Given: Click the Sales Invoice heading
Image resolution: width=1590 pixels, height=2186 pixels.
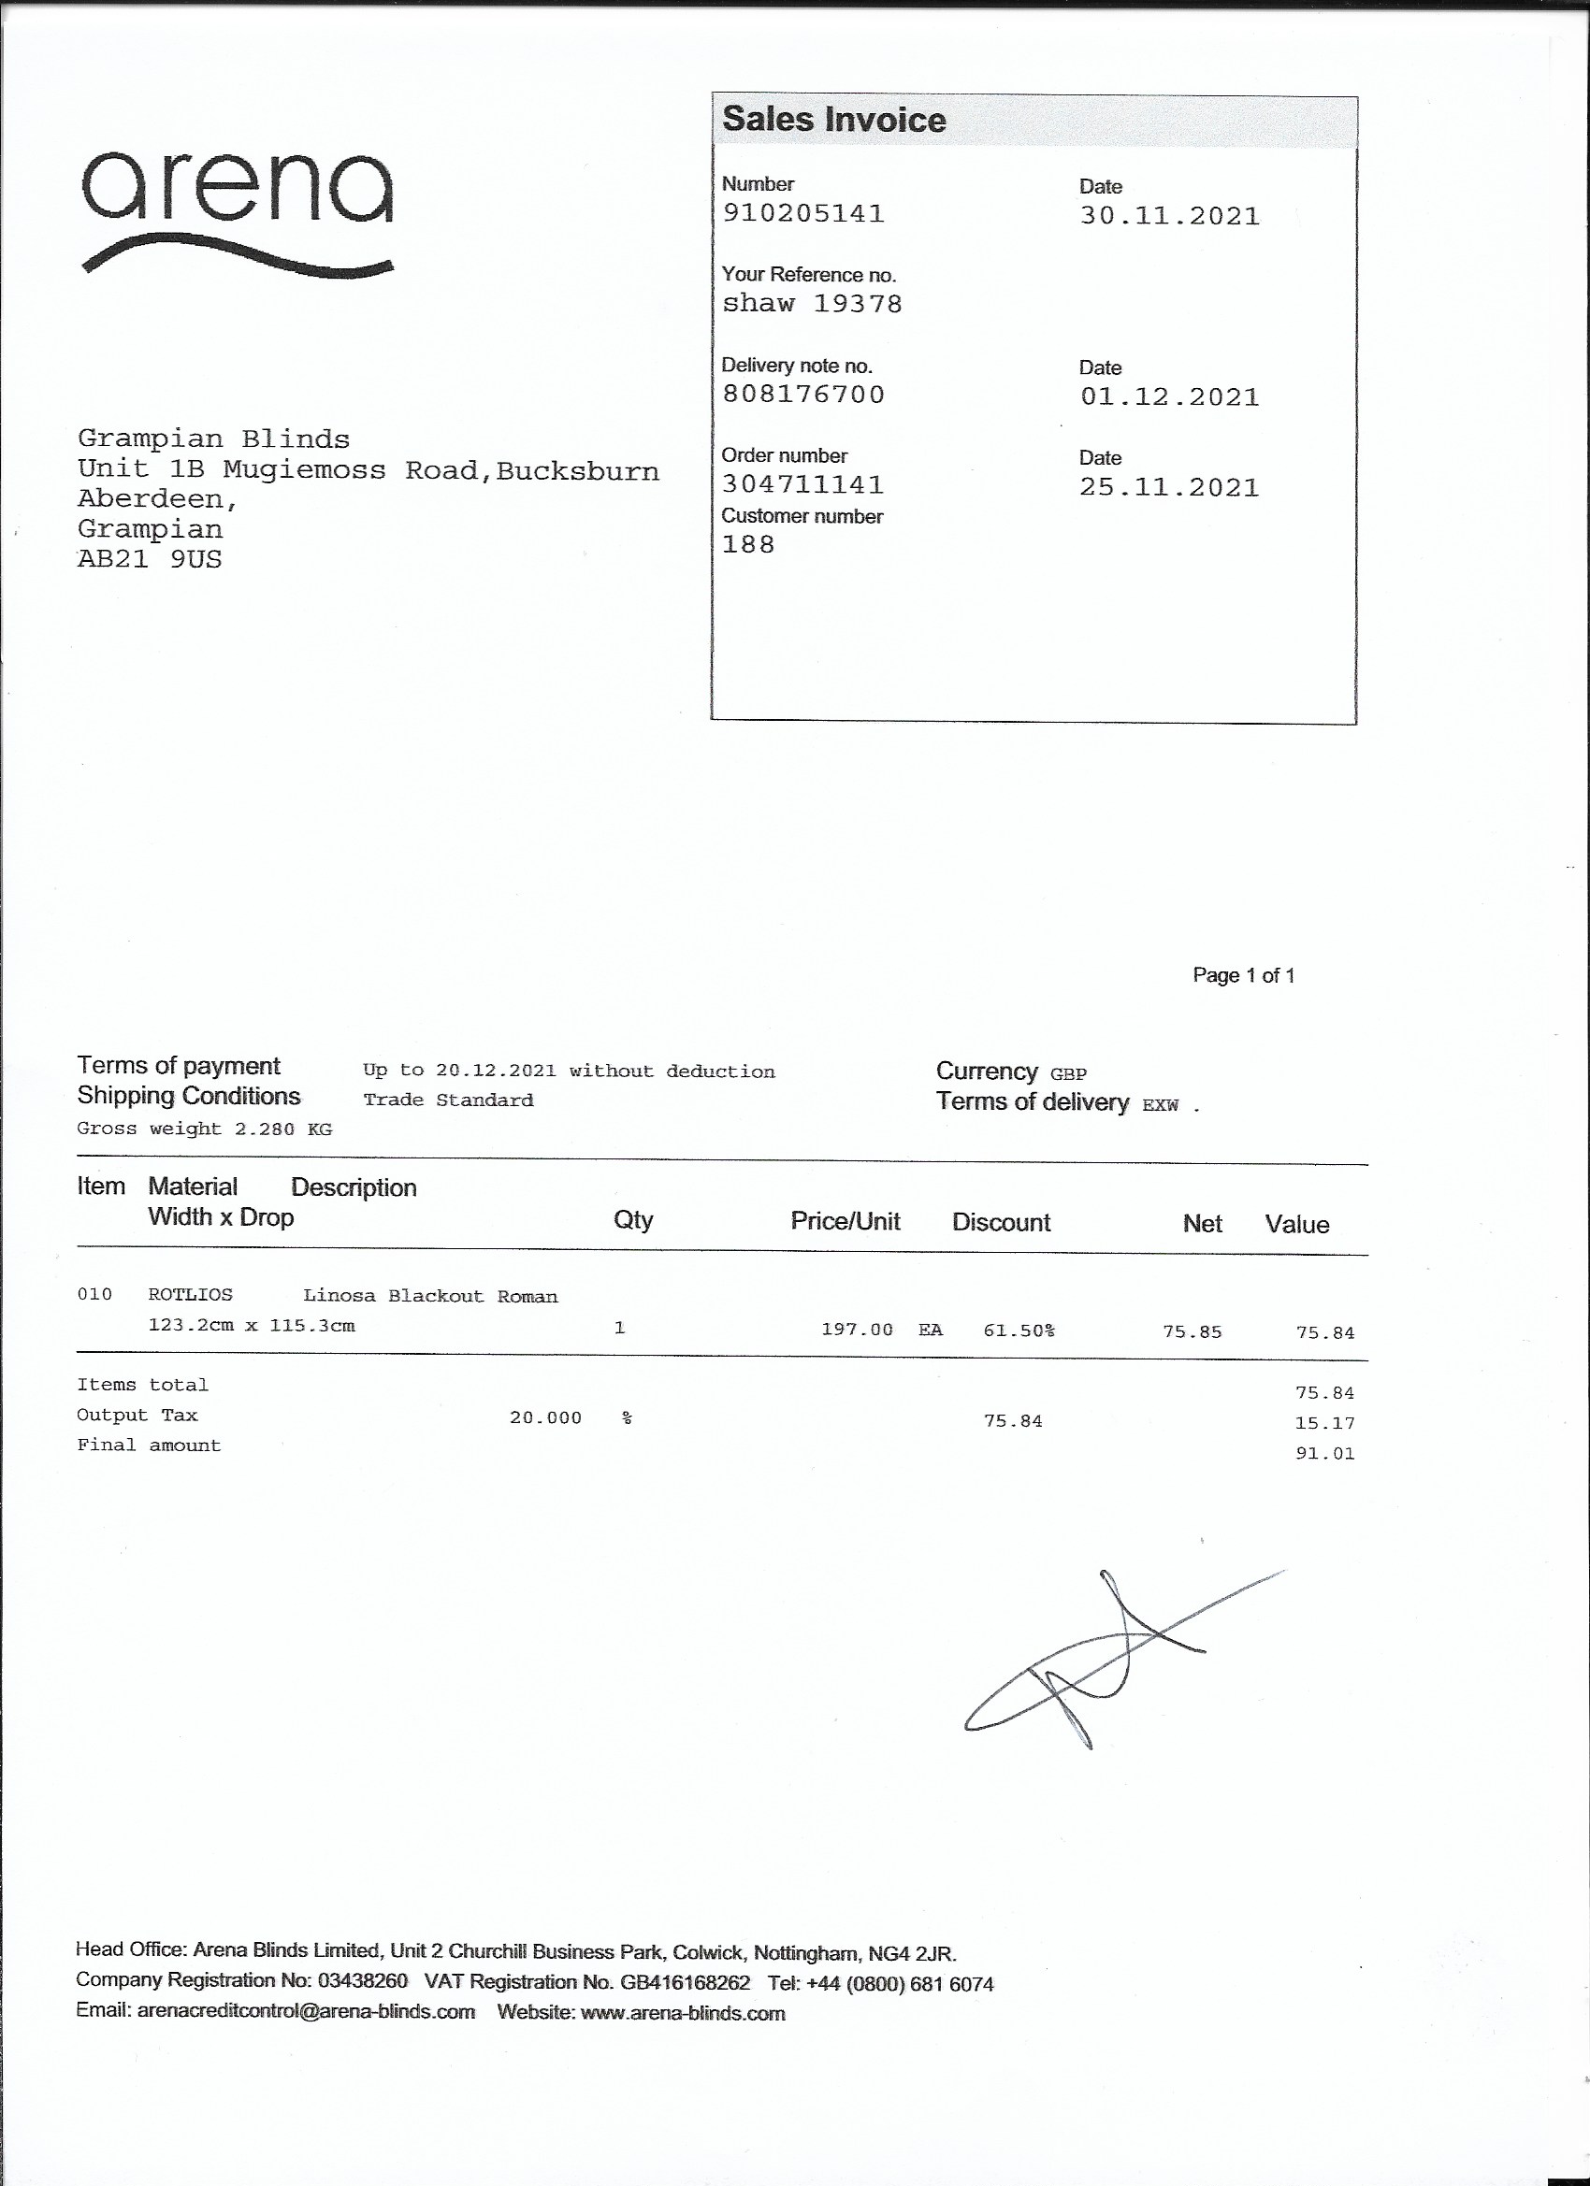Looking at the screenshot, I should (x=834, y=120).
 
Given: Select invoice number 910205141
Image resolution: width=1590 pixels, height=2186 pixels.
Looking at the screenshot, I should (x=803, y=213).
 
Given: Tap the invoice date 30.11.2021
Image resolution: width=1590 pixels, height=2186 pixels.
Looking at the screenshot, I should (x=1168, y=216).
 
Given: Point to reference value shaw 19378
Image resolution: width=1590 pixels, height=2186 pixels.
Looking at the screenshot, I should (x=812, y=304).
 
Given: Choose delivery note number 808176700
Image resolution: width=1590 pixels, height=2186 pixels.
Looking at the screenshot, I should (x=803, y=395).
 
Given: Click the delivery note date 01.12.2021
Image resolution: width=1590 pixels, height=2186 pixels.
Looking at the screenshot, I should (x=1168, y=397).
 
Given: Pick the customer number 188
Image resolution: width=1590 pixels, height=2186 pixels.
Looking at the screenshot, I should (x=748, y=545).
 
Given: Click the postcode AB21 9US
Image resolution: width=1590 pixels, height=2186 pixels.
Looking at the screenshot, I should (x=150, y=560).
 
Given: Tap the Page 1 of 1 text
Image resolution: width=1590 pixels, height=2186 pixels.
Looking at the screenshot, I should (x=1243, y=975).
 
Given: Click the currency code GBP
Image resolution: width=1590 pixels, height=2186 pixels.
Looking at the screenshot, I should (x=1068, y=1073).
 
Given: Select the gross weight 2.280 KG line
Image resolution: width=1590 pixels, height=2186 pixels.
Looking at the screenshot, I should (x=205, y=1129).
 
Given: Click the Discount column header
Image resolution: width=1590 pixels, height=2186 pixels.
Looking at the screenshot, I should (x=1001, y=1222).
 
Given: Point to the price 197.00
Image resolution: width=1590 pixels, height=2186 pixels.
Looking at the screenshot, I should (x=856, y=1330).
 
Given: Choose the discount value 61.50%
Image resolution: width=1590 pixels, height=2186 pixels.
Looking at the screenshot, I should (x=1019, y=1331).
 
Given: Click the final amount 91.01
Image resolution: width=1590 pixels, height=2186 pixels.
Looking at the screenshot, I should (x=1324, y=1454).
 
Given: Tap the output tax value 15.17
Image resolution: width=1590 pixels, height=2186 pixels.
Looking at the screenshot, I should (x=1324, y=1424).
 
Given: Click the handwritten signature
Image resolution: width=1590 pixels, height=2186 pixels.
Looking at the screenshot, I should (x=1109, y=1661).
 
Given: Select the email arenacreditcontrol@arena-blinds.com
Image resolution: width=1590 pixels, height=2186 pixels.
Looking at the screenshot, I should (x=306, y=2012).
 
